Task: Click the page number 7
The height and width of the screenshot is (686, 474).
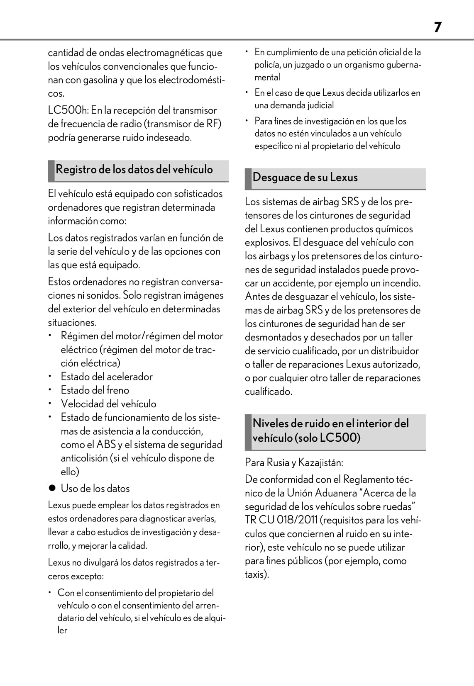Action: point(437,27)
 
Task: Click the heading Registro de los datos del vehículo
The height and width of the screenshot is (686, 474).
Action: point(134,170)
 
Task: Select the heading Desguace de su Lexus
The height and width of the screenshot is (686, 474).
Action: point(305,178)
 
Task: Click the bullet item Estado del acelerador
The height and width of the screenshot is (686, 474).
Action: point(107,377)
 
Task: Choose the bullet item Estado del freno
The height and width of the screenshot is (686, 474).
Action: point(95,390)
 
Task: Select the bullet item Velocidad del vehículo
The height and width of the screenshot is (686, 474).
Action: point(109,404)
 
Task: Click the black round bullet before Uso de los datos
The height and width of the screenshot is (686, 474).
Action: point(52,489)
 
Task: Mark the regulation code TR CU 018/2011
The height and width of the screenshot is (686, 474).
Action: point(281,520)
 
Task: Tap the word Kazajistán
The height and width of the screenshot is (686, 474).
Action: point(320,462)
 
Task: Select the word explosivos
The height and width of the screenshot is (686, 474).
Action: point(267,243)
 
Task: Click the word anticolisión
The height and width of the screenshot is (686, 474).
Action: point(84,458)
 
